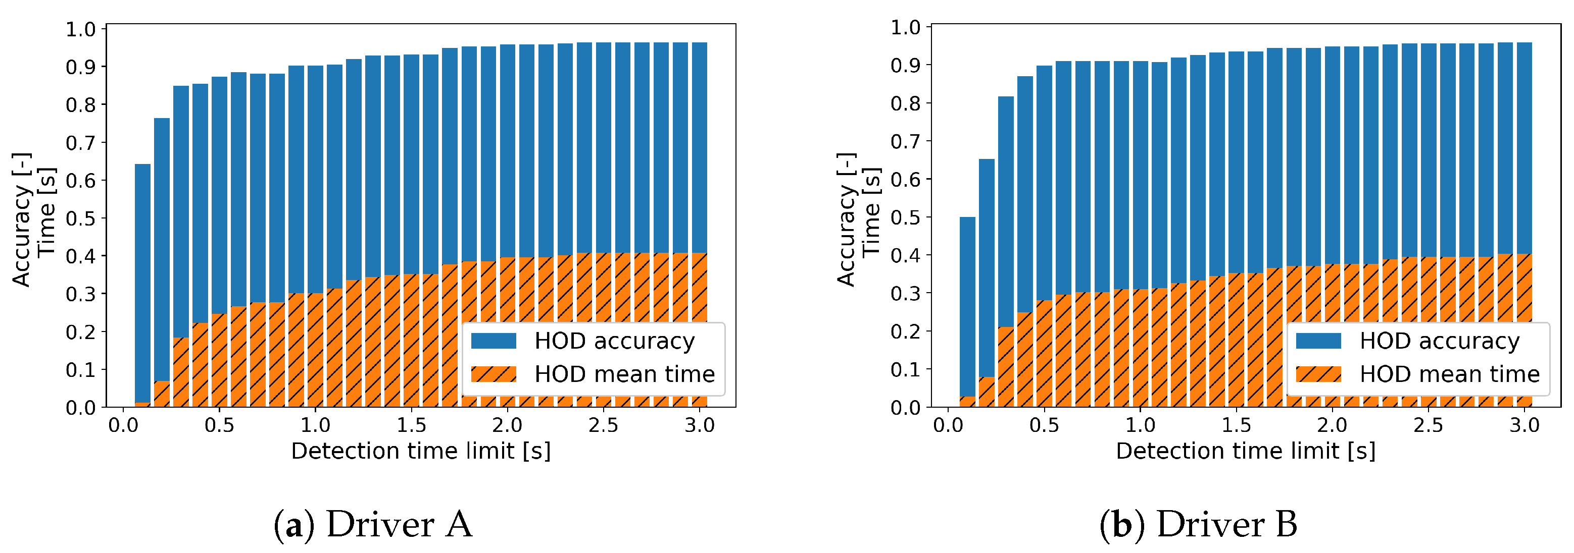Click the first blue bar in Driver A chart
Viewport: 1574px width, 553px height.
pos(142,281)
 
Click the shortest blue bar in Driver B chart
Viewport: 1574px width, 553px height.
pos(967,305)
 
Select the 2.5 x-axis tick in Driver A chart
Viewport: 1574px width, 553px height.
pos(603,425)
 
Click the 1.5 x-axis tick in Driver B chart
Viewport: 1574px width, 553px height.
pos(1236,425)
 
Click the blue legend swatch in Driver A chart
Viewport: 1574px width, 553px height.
pos(494,341)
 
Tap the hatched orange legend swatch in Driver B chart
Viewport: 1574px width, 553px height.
pos(1318,373)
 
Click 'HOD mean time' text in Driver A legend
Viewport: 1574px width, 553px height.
pos(624,373)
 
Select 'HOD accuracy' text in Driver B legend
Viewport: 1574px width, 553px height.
pos(1439,341)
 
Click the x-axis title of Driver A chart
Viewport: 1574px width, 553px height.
pos(420,451)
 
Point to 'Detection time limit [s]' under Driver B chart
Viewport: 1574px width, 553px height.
pos(1245,451)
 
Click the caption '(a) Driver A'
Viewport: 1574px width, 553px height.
pos(373,524)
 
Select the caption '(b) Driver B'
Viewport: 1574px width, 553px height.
pos(1198,524)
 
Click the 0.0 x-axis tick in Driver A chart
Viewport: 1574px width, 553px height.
pos(123,425)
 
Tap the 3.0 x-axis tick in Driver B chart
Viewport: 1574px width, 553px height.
pos(1524,425)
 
